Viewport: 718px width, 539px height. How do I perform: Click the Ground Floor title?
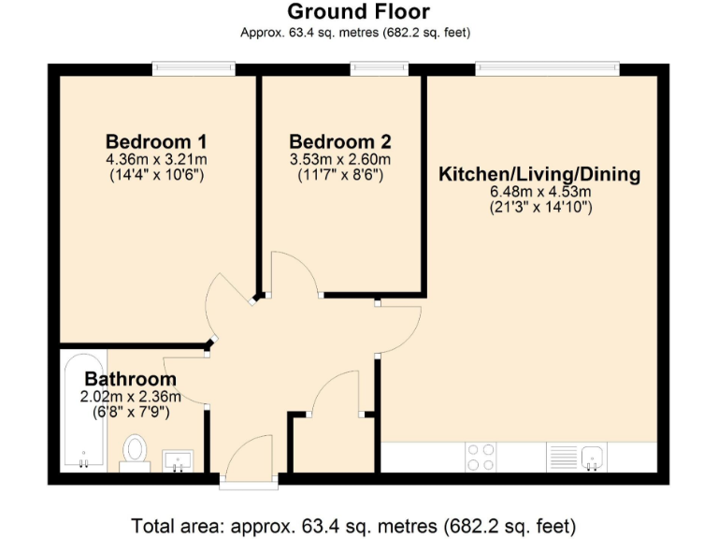tap(358, 12)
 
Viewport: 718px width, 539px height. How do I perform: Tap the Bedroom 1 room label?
tap(156, 141)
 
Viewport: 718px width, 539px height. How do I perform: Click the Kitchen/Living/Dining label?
tap(540, 174)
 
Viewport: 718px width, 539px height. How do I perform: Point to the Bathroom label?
tap(131, 379)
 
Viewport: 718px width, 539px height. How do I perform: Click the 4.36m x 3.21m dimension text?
tap(156, 159)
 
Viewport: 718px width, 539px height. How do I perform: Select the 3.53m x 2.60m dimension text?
tap(340, 159)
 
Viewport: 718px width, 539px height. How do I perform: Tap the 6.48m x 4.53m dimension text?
tap(540, 192)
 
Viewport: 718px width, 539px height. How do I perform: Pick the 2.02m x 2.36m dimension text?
tap(131, 396)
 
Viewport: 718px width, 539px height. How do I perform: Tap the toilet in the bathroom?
tap(136, 452)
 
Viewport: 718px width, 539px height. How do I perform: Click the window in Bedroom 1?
tap(194, 68)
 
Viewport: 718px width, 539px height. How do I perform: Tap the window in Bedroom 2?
tap(379, 68)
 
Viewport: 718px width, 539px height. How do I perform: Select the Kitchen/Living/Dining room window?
tap(547, 68)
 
